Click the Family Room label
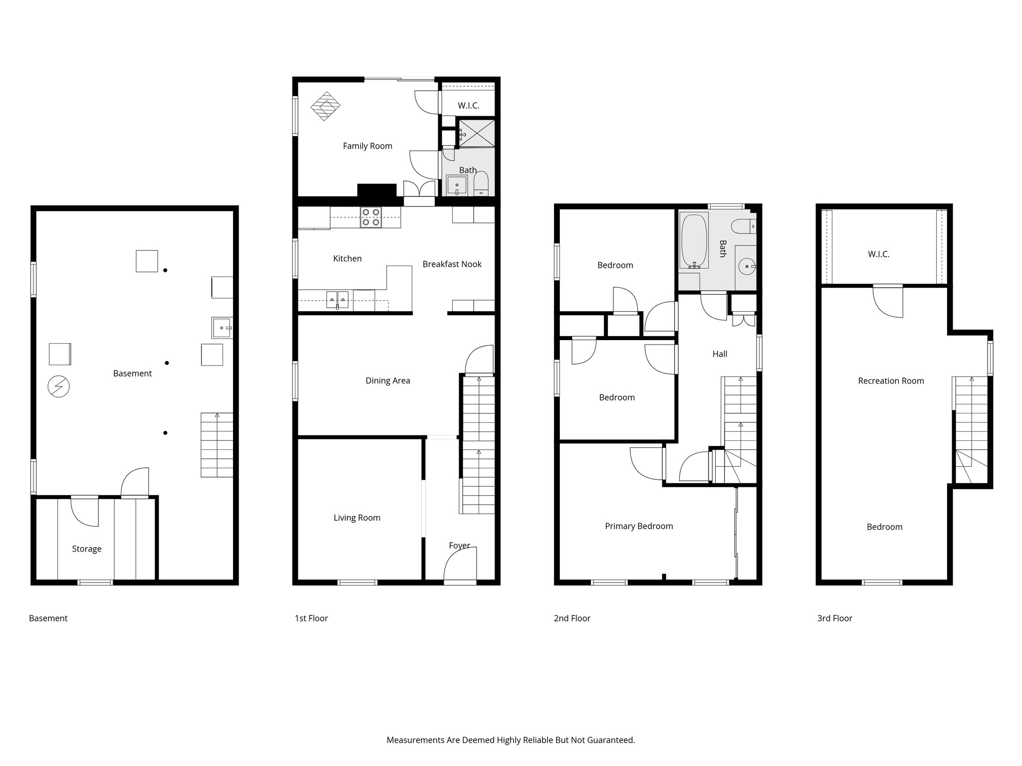[367, 146]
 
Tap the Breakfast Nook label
[452, 264]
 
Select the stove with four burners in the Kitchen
[371, 217]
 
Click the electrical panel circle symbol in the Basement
[58, 386]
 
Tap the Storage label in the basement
[86, 549]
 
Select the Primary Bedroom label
[639, 526]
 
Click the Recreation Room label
[891, 381]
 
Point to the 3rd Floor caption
[834, 618]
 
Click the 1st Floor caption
[311, 618]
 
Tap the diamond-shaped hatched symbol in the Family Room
[325, 106]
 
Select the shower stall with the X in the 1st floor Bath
[477, 133]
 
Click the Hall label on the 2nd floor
[720, 354]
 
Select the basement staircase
[217, 445]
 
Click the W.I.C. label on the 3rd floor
[878, 254]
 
